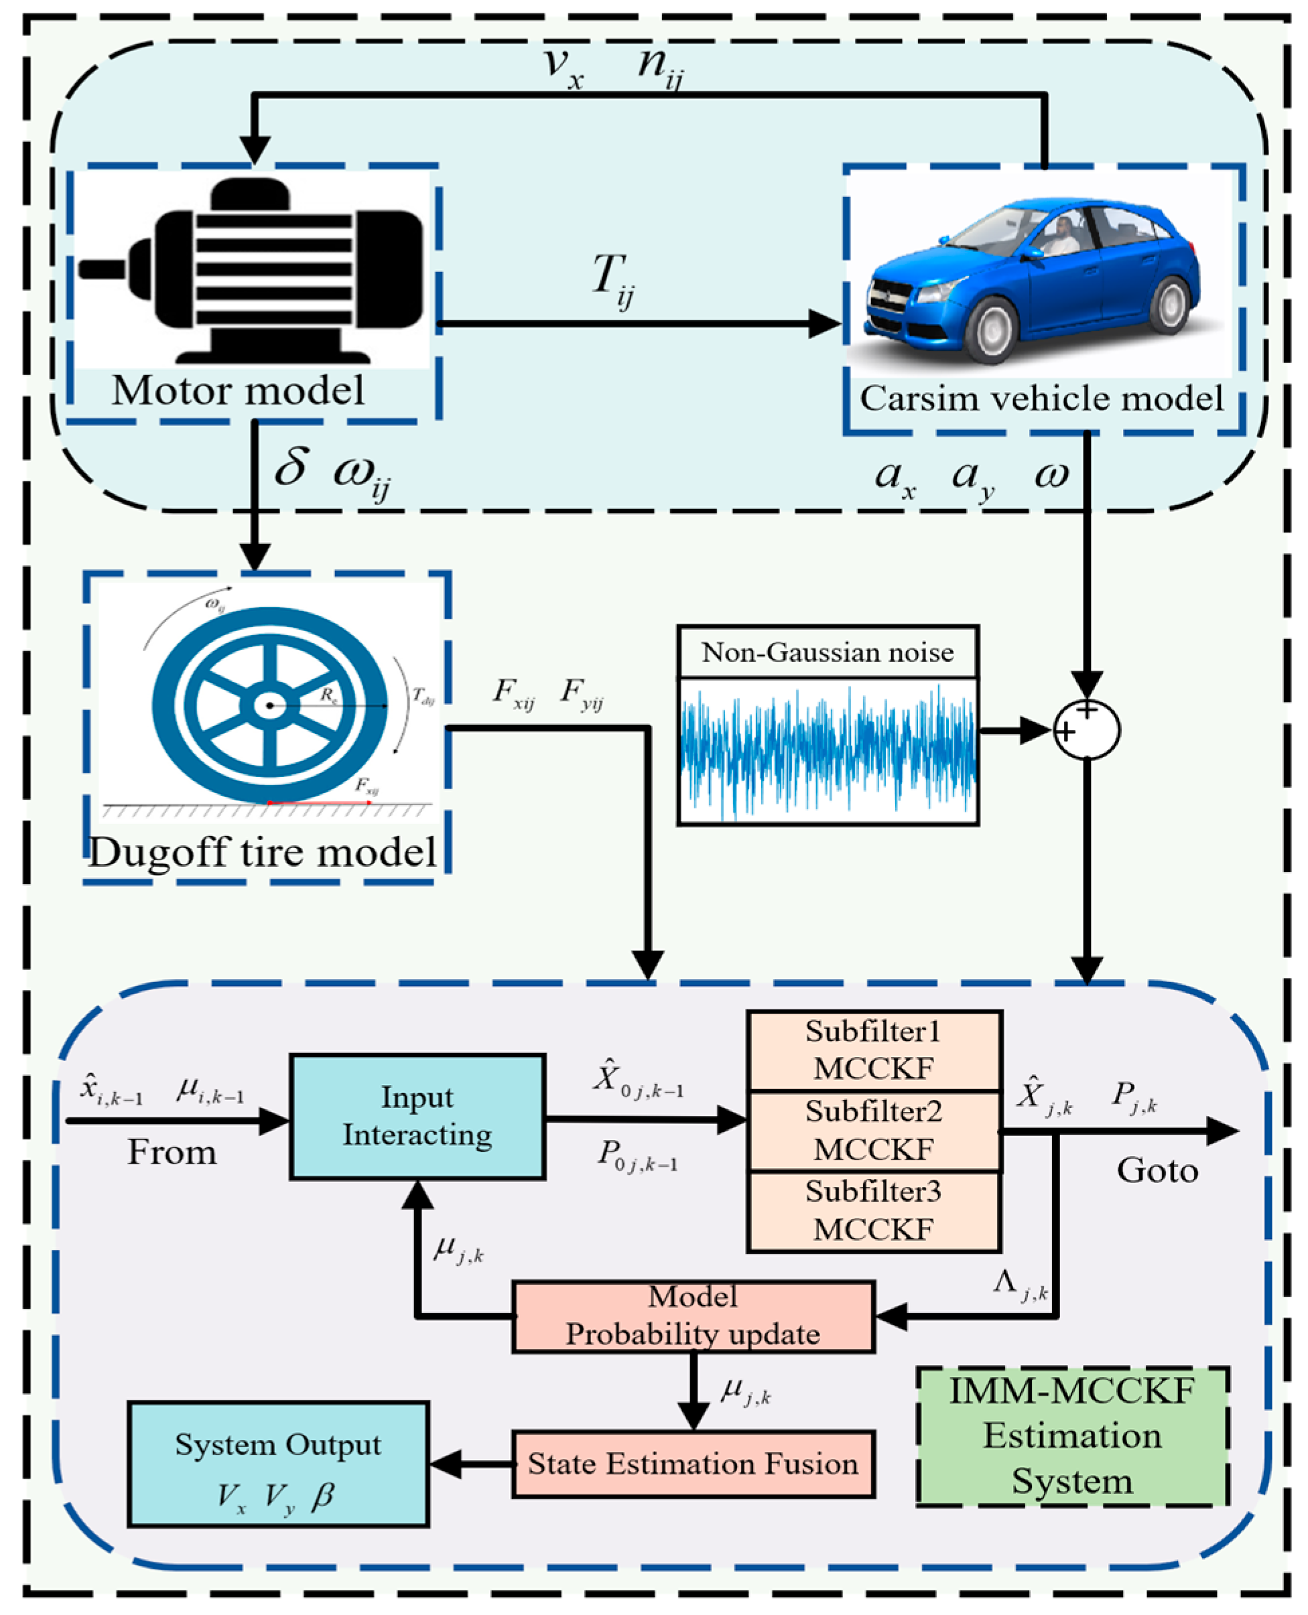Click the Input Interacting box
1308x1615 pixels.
click(417, 1117)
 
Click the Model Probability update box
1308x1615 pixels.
click(693, 1316)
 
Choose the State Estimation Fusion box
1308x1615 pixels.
click(693, 1464)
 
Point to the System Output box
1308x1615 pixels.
click(278, 1464)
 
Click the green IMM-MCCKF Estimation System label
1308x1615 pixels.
click(1072, 1435)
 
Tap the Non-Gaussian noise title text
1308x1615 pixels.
click(828, 652)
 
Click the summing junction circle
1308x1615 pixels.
click(1086, 730)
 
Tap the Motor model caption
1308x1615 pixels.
click(238, 391)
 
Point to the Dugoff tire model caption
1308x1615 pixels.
click(263, 853)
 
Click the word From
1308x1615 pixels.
click(172, 1153)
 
